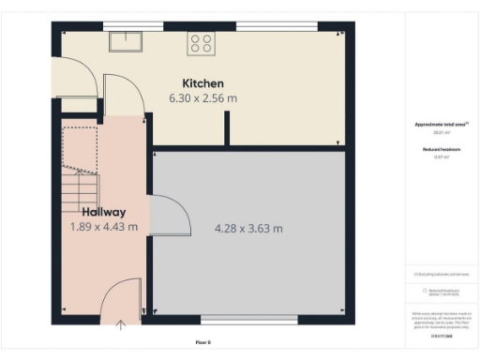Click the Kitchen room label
click(x=202, y=83)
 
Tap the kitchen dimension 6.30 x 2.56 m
click(x=202, y=97)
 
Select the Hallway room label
click(x=103, y=212)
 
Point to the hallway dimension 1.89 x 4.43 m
click(x=103, y=227)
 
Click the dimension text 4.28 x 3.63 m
click(x=248, y=228)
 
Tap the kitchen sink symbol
click(x=125, y=40)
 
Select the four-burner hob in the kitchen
click(x=201, y=41)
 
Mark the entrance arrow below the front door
click(x=121, y=324)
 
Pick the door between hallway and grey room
click(x=163, y=214)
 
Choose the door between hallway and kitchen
click(x=120, y=94)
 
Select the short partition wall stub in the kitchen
click(x=226, y=128)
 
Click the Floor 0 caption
click(x=203, y=342)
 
